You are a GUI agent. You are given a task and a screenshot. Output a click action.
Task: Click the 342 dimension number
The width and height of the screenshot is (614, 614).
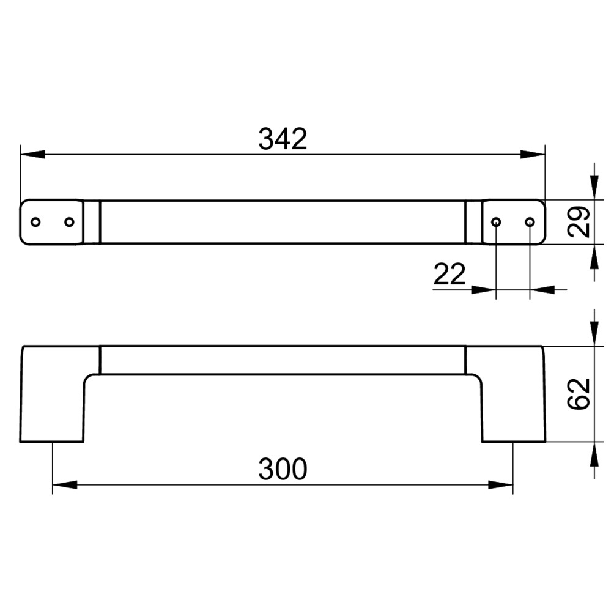(283, 139)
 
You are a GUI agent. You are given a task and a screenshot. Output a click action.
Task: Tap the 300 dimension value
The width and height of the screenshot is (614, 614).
(283, 469)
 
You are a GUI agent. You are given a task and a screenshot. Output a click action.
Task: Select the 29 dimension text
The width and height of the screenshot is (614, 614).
(579, 221)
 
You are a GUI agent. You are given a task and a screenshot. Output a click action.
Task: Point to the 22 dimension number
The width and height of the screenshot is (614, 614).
(449, 274)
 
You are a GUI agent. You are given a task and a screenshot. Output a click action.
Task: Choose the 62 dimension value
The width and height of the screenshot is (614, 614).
(579, 394)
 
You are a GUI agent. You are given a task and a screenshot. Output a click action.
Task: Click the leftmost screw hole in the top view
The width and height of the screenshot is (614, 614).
(35, 222)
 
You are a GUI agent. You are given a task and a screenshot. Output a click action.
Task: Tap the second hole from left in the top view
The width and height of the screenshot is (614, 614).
(69, 222)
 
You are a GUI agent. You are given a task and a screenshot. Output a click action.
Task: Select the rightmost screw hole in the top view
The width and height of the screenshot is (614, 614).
(530, 222)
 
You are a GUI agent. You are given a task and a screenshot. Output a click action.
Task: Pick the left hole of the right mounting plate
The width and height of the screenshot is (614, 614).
(496, 222)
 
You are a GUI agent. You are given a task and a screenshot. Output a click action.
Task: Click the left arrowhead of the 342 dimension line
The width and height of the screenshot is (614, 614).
(32, 154)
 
